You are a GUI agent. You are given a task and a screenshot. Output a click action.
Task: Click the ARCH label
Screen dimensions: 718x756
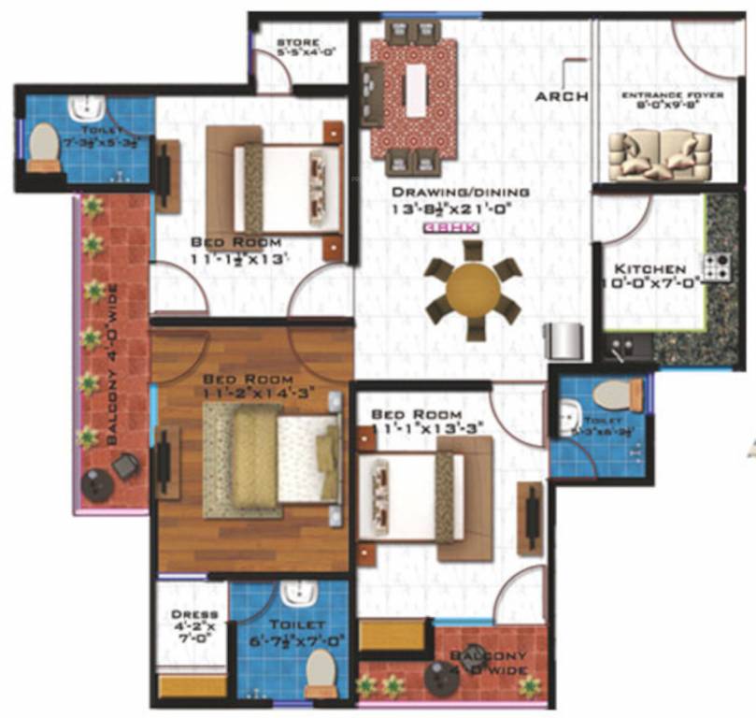[x=561, y=95]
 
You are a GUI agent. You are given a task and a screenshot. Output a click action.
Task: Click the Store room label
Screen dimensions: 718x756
[x=299, y=48]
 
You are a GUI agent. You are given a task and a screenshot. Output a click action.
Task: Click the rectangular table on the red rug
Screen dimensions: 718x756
[x=415, y=88]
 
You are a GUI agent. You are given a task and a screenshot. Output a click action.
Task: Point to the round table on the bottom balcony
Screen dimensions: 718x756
[x=439, y=677]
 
